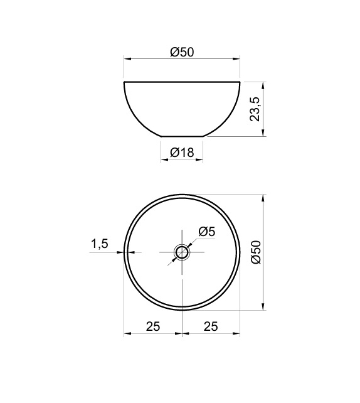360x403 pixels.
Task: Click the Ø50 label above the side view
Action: pyautogui.click(x=182, y=52)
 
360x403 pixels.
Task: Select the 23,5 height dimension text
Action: pyautogui.click(x=254, y=109)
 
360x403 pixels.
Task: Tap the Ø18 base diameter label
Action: pyautogui.click(x=182, y=152)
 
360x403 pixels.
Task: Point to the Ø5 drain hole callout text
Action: pyautogui.click(x=206, y=232)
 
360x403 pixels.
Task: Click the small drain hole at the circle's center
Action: pyautogui.click(x=182, y=252)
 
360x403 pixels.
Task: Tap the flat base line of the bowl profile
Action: pyautogui.click(x=182, y=136)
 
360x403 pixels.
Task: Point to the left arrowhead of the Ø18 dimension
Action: pyautogui.click(x=164, y=159)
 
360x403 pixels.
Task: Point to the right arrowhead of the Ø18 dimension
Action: pyautogui.click(x=200, y=159)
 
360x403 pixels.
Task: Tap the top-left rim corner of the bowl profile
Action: pyautogui.click(x=124, y=82)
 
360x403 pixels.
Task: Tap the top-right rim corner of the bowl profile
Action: pyautogui.click(x=240, y=82)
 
